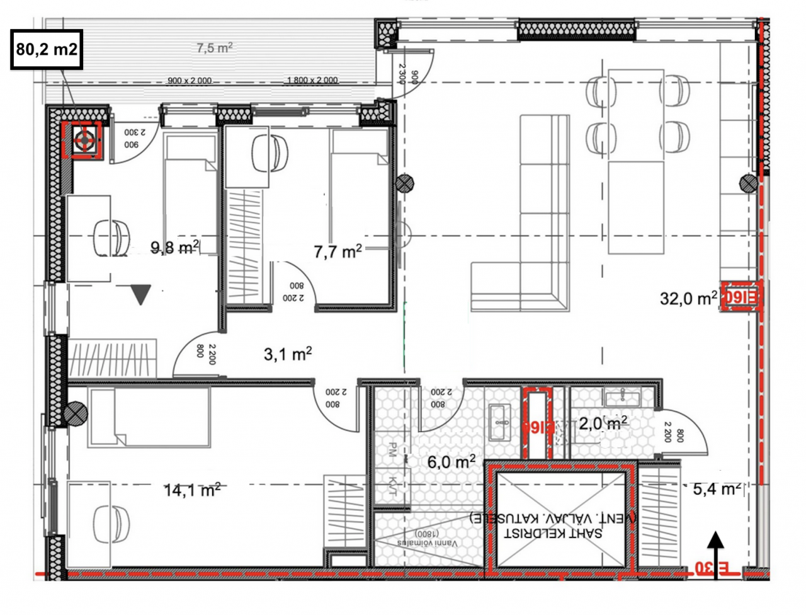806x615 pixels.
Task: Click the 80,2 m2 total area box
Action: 47,49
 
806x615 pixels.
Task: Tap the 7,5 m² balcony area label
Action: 214,49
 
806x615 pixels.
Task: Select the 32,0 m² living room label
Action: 688,297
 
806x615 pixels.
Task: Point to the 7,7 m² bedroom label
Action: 338,251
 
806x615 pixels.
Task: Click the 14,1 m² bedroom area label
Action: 192,490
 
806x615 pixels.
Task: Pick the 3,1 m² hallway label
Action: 288,355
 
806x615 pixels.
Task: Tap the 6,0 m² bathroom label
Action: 451,462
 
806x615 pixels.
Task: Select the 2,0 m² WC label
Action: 603,423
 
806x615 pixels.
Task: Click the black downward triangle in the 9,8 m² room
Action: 140,294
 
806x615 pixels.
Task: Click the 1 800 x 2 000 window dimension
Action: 312,81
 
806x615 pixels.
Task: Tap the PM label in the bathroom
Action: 392,449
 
